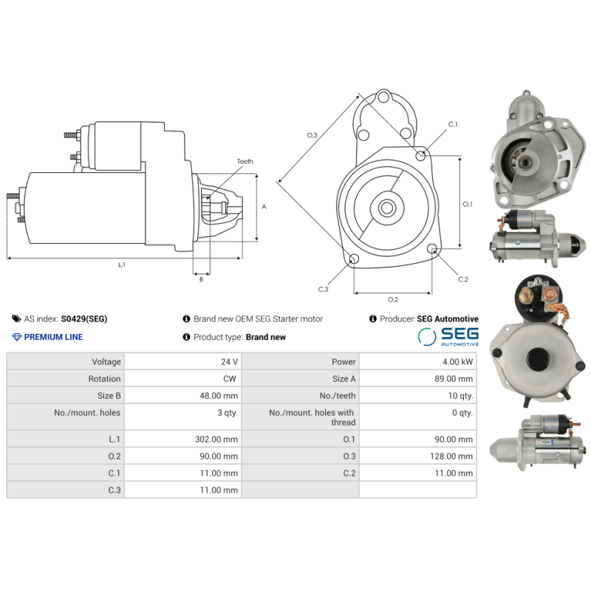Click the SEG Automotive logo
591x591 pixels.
point(448,338)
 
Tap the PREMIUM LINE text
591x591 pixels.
point(53,337)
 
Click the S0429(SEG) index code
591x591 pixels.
point(83,319)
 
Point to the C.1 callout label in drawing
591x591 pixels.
point(453,125)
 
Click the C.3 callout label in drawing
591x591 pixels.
point(323,289)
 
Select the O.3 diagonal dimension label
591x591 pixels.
point(312,135)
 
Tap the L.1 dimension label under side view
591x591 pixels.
point(121,264)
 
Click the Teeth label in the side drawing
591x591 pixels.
point(245,161)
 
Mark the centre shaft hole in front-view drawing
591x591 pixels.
point(386,208)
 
